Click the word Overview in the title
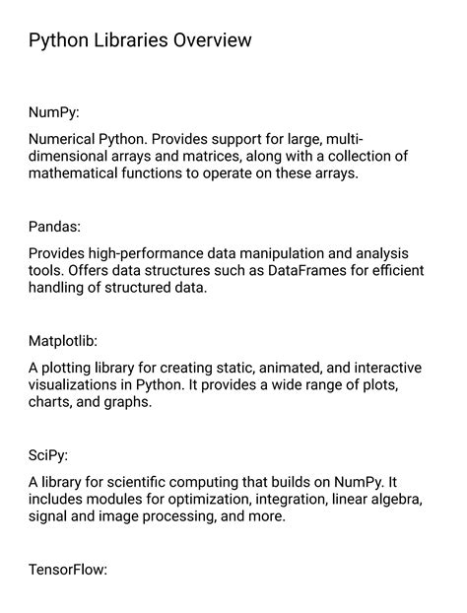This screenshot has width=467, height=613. (x=210, y=40)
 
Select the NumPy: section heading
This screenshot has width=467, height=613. (x=54, y=112)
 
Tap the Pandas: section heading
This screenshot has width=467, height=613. (x=55, y=227)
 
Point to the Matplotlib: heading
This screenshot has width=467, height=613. (x=63, y=341)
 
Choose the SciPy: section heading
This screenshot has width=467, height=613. (x=48, y=455)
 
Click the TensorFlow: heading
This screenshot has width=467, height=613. (x=67, y=570)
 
